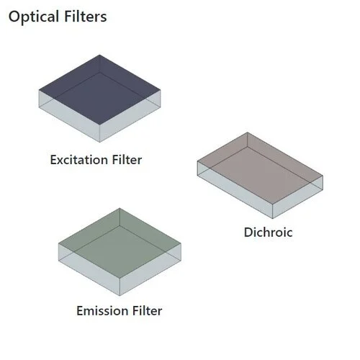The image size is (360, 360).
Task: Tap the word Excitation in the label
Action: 78,160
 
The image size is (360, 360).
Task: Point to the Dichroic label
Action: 268,233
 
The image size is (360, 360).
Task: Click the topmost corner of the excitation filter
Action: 99,55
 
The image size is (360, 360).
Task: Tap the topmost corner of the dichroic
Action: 247,132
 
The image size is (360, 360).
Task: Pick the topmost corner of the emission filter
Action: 119,209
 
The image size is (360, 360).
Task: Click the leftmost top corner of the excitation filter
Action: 39,90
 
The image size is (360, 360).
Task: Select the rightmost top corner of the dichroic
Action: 323,174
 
